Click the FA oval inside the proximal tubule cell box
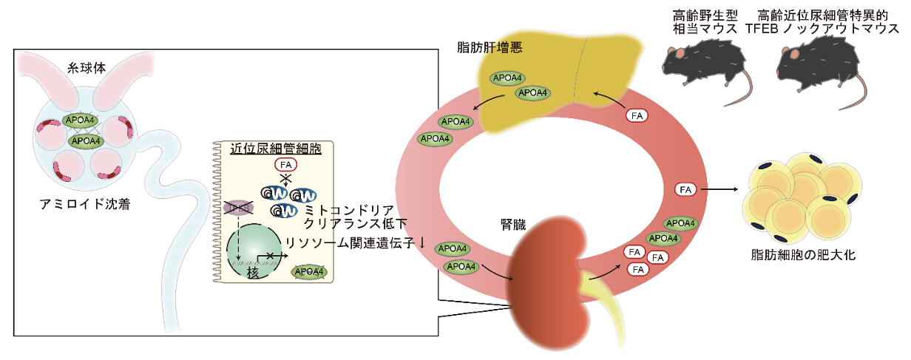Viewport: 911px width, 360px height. [x=286, y=165]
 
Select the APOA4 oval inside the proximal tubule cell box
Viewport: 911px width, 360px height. [x=309, y=273]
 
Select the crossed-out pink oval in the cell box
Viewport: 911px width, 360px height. [x=238, y=208]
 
